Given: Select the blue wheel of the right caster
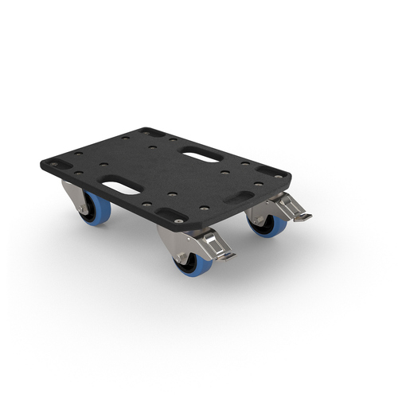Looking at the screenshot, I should pyautogui.click(x=271, y=226).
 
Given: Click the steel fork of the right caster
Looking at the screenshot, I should pyautogui.click(x=259, y=210).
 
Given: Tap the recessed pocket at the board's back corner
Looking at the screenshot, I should pyautogui.click(x=150, y=132).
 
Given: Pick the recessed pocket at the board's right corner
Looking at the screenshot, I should pyautogui.click(x=271, y=172).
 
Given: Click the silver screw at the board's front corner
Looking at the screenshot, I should pyautogui.click(x=178, y=220).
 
